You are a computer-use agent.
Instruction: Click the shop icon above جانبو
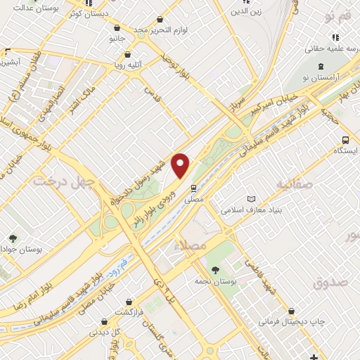click(x=116, y=28)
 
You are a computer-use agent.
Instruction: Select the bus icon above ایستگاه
click(x=345, y=139)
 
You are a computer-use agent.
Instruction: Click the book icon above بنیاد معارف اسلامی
click(x=251, y=199)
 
